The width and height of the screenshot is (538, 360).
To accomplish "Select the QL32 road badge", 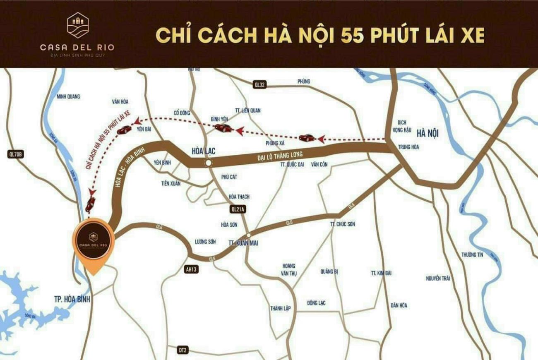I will click(259, 84).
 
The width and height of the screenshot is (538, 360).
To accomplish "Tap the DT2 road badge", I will click(183, 350).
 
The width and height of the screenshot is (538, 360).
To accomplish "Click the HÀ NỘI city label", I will click(427, 133).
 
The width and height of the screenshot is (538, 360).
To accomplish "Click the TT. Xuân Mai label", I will click(243, 243).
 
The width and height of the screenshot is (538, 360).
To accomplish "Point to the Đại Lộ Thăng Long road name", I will click(280, 156).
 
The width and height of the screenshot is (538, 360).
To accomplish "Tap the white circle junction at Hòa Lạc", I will click(208, 163).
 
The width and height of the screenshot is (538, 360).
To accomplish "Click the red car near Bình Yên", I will click(223, 128).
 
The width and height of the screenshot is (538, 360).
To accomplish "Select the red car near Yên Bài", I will click(124, 130).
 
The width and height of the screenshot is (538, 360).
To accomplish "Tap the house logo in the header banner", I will click(78, 25).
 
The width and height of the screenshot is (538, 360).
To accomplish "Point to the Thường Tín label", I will click(472, 255).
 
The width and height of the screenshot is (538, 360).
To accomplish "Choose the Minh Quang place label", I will click(68, 96).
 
